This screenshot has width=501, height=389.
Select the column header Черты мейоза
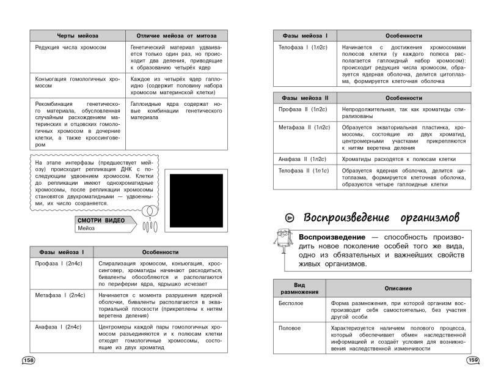click(78, 36)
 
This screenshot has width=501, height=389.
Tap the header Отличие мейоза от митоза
click(177, 36)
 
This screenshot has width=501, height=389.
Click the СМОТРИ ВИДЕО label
click(101, 220)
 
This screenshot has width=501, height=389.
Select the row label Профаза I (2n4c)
click(59, 264)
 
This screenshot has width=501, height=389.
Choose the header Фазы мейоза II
click(304, 97)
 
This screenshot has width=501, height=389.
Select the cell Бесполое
click(291, 303)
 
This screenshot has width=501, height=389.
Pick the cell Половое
click(290, 328)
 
